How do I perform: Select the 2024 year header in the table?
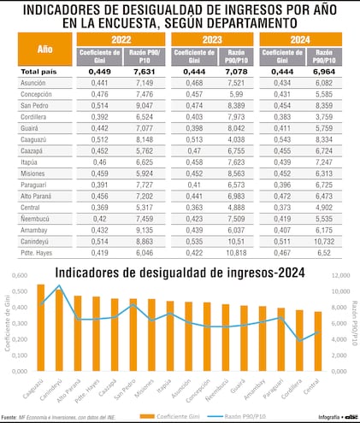click(301, 38)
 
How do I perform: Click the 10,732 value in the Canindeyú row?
click(323, 241)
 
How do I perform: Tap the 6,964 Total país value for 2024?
click(323, 72)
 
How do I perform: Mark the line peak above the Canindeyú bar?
click(59, 285)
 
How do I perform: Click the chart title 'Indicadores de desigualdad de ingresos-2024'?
click(172, 273)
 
